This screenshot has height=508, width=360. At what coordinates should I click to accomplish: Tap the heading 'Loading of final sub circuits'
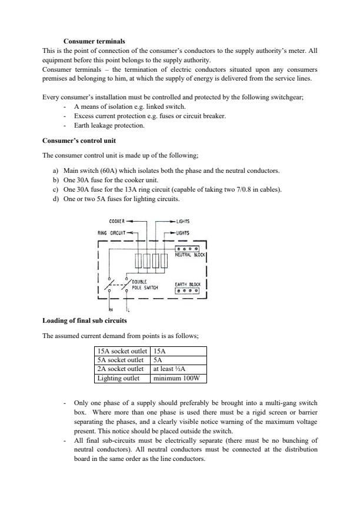pos(84,320)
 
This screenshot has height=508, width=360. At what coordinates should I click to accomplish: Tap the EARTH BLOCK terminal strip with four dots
pos(187,290)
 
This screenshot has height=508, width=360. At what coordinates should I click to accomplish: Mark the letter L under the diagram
pos(128,309)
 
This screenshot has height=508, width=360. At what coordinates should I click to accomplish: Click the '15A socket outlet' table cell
pos(121,351)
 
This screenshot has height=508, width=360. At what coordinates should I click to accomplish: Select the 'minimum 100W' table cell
pos(178,378)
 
